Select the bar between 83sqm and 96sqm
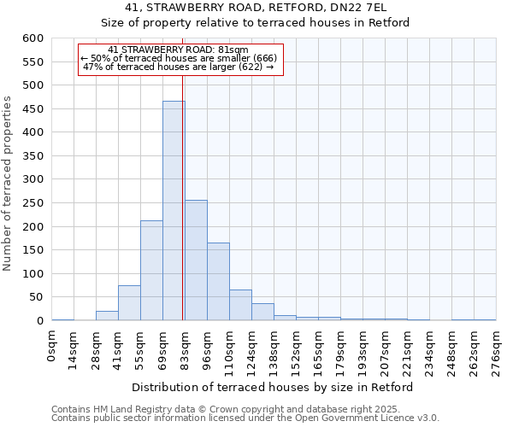[196, 260]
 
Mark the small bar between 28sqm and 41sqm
[107, 316]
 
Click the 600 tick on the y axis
[32, 38]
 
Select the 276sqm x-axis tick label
[496, 350]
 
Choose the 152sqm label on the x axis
[296, 350]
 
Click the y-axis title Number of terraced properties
[9, 184]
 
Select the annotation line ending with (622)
[180, 67]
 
